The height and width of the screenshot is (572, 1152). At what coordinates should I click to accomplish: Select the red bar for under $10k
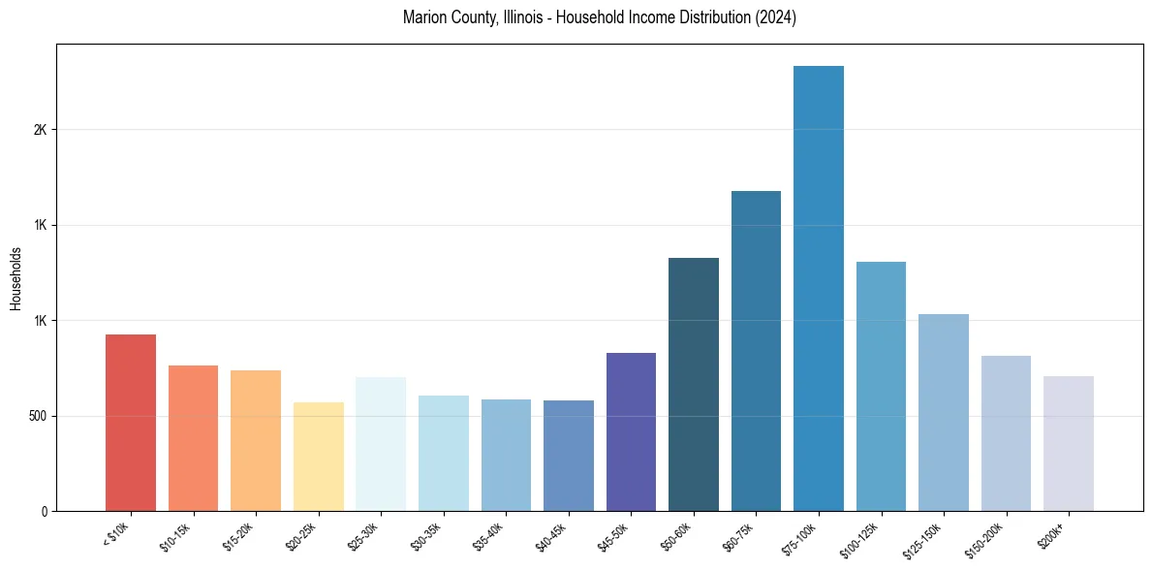tap(131, 423)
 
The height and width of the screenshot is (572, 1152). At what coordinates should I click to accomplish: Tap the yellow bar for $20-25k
tap(318, 457)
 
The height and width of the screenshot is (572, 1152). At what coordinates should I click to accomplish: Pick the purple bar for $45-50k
tap(631, 431)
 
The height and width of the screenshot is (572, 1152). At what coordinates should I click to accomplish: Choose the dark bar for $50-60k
tap(694, 384)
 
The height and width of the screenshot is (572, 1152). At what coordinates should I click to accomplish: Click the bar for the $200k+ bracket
tap(1068, 443)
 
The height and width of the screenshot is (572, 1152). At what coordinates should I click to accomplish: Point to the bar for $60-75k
tap(756, 351)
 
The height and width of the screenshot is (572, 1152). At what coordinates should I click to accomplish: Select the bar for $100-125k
tap(881, 386)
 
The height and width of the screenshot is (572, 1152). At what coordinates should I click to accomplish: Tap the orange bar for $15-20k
tap(256, 440)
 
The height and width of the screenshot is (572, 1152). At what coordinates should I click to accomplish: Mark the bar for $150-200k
tap(1006, 433)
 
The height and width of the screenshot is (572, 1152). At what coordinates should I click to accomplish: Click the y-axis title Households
tap(16, 277)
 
